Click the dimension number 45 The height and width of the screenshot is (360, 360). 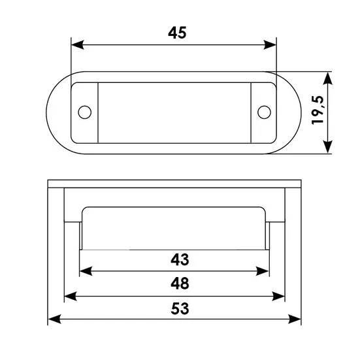[177, 33]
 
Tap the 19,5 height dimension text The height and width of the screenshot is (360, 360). [318, 110]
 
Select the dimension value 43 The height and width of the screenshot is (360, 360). [180, 259]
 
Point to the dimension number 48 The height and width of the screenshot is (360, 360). [180, 284]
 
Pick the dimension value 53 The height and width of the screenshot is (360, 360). [180, 308]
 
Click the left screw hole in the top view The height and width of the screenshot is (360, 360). [85, 112]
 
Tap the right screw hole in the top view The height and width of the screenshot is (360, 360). [264, 112]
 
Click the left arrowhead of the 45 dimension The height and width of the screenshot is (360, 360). [77, 45]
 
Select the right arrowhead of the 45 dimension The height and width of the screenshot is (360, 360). [270, 45]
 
